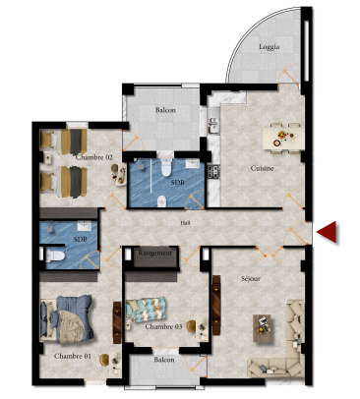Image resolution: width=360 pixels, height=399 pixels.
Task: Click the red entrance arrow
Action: click(329, 232)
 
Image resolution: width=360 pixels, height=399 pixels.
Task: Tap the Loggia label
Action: click(270, 47)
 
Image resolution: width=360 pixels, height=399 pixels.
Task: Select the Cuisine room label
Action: click(262, 168)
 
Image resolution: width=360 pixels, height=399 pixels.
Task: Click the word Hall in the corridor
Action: click(185, 223)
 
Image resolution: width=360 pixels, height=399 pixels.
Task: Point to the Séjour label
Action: click(251, 278)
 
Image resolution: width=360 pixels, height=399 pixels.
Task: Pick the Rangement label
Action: click(154, 253)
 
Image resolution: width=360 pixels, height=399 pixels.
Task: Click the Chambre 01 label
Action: click(73, 356)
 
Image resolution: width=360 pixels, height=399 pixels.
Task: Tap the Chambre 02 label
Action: click(94, 157)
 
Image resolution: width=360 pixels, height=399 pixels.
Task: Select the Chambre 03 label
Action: click(163, 326)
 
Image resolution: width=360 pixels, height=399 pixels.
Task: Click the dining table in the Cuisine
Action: click(282, 139)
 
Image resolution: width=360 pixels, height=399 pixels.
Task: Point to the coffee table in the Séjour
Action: click(262, 328)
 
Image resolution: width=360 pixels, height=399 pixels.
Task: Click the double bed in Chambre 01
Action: click(67, 318)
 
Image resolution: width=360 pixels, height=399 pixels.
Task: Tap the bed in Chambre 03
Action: click(147, 310)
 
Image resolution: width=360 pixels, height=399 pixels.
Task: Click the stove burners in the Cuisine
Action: click(213, 172)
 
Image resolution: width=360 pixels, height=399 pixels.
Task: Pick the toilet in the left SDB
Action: click(53, 256)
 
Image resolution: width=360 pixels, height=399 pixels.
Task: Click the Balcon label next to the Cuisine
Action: click(165, 110)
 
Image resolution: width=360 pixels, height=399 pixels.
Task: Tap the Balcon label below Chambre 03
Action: click(164, 360)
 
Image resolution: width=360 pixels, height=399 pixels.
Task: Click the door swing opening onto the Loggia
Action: click(288, 75)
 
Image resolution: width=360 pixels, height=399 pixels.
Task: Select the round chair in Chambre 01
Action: click(104, 360)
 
